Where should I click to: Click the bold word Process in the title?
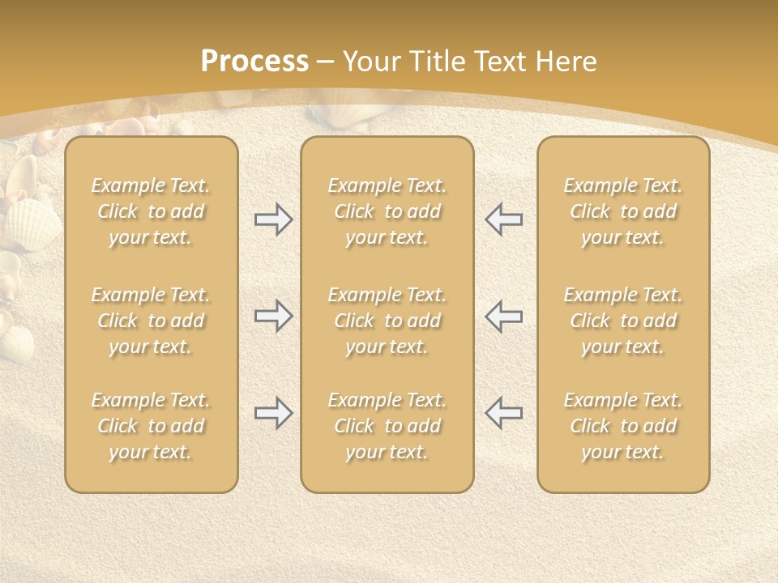254,62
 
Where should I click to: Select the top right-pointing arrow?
273,219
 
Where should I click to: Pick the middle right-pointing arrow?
273,316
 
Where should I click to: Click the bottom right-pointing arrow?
273,413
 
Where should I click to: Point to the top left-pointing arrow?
504,219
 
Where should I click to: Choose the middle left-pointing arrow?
504,316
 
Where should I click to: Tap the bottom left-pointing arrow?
504,413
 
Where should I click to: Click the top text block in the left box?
151,211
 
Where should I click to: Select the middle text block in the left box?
151,321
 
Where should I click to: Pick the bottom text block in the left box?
151,426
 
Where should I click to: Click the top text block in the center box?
387,211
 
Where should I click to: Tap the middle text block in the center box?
387,321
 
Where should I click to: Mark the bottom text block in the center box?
387,426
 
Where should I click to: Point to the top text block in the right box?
623,211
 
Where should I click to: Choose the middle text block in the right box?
623,321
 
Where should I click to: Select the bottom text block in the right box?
623,426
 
